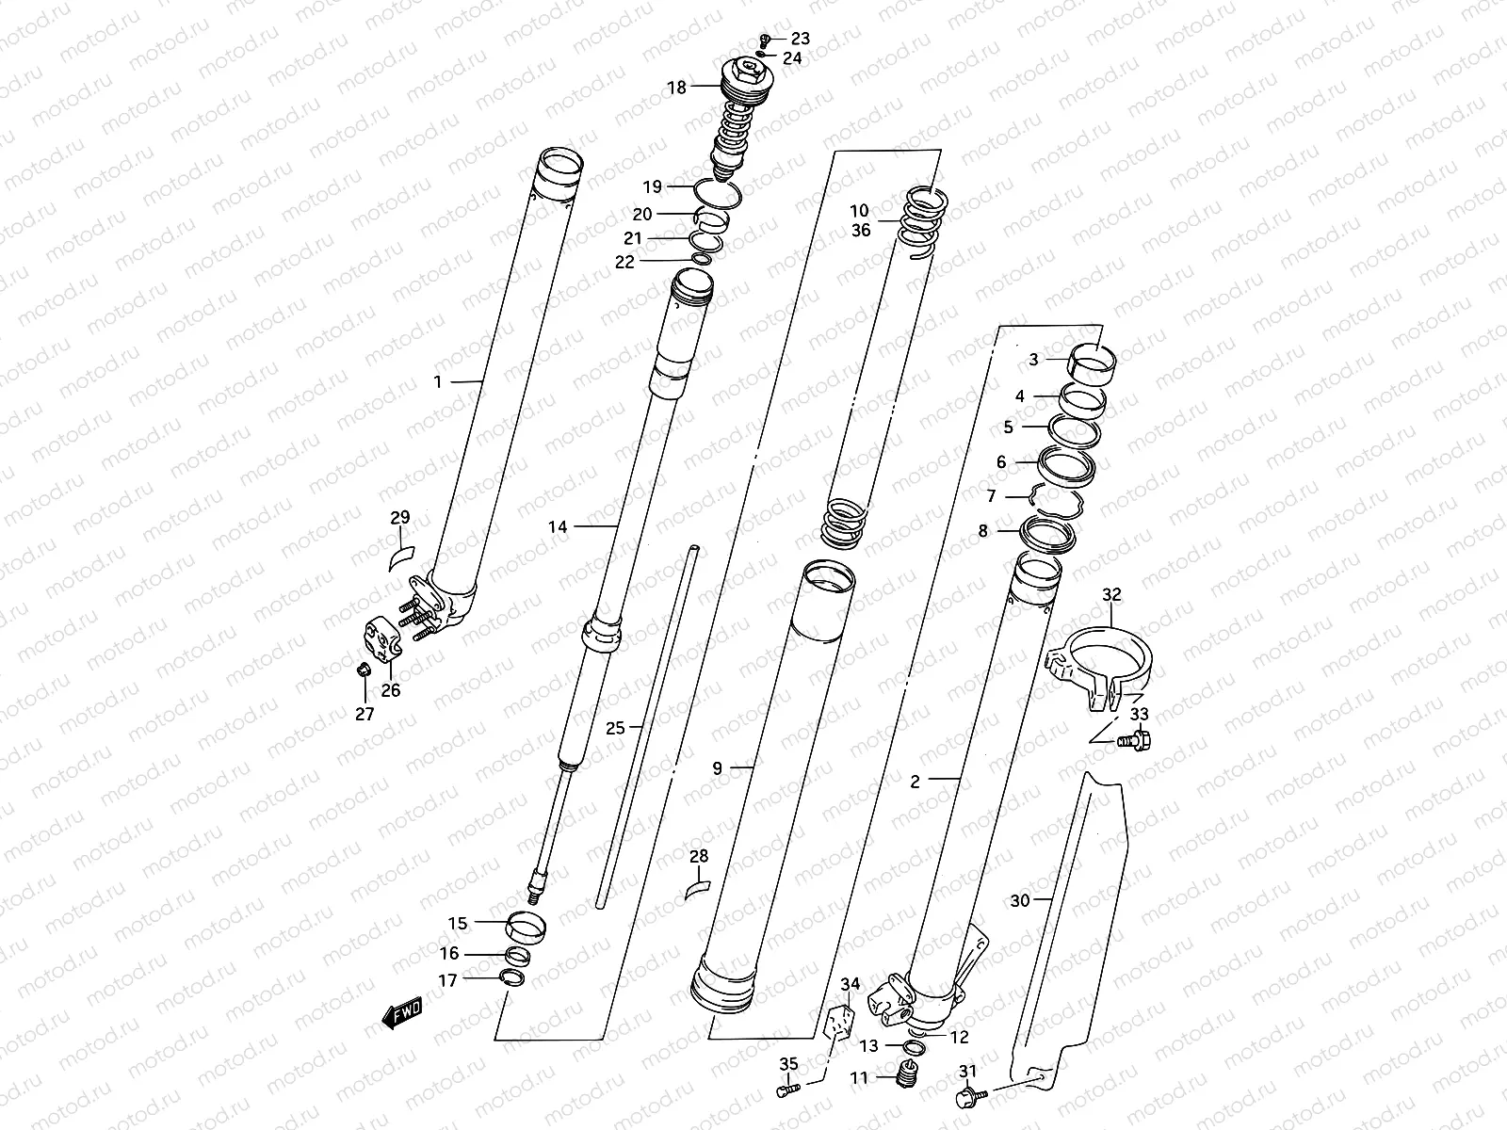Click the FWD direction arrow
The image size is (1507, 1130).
coord(401,1012)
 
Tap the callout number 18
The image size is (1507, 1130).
coord(677,88)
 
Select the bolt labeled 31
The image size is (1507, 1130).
coord(966,1096)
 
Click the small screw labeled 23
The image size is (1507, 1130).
coord(766,39)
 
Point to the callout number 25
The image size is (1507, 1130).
coord(615,727)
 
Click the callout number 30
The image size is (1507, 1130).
coord(1020,900)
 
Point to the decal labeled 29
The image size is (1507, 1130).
coord(402,555)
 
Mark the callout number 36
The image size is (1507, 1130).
coord(861,230)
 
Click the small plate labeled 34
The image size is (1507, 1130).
coord(841,1020)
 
